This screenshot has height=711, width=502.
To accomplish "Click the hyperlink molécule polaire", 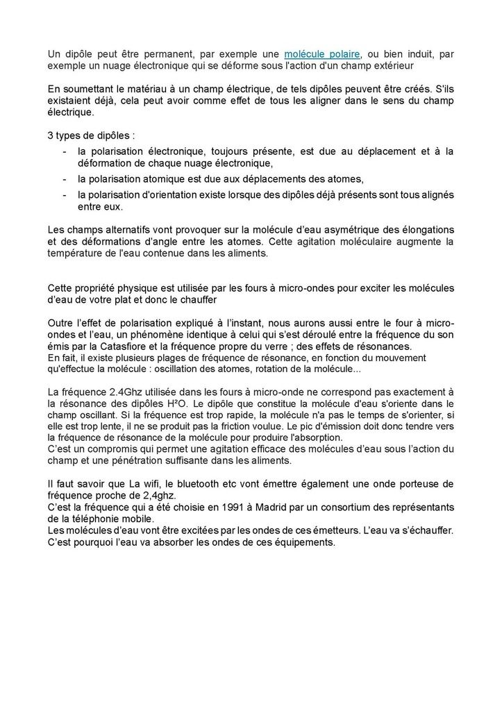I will (x=322, y=54).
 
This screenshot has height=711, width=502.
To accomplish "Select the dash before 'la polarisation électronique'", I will (x=65, y=151).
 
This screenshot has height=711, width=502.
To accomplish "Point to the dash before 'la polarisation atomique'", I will (x=65, y=179).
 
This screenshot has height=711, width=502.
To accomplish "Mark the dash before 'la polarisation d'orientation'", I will (x=65, y=195).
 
